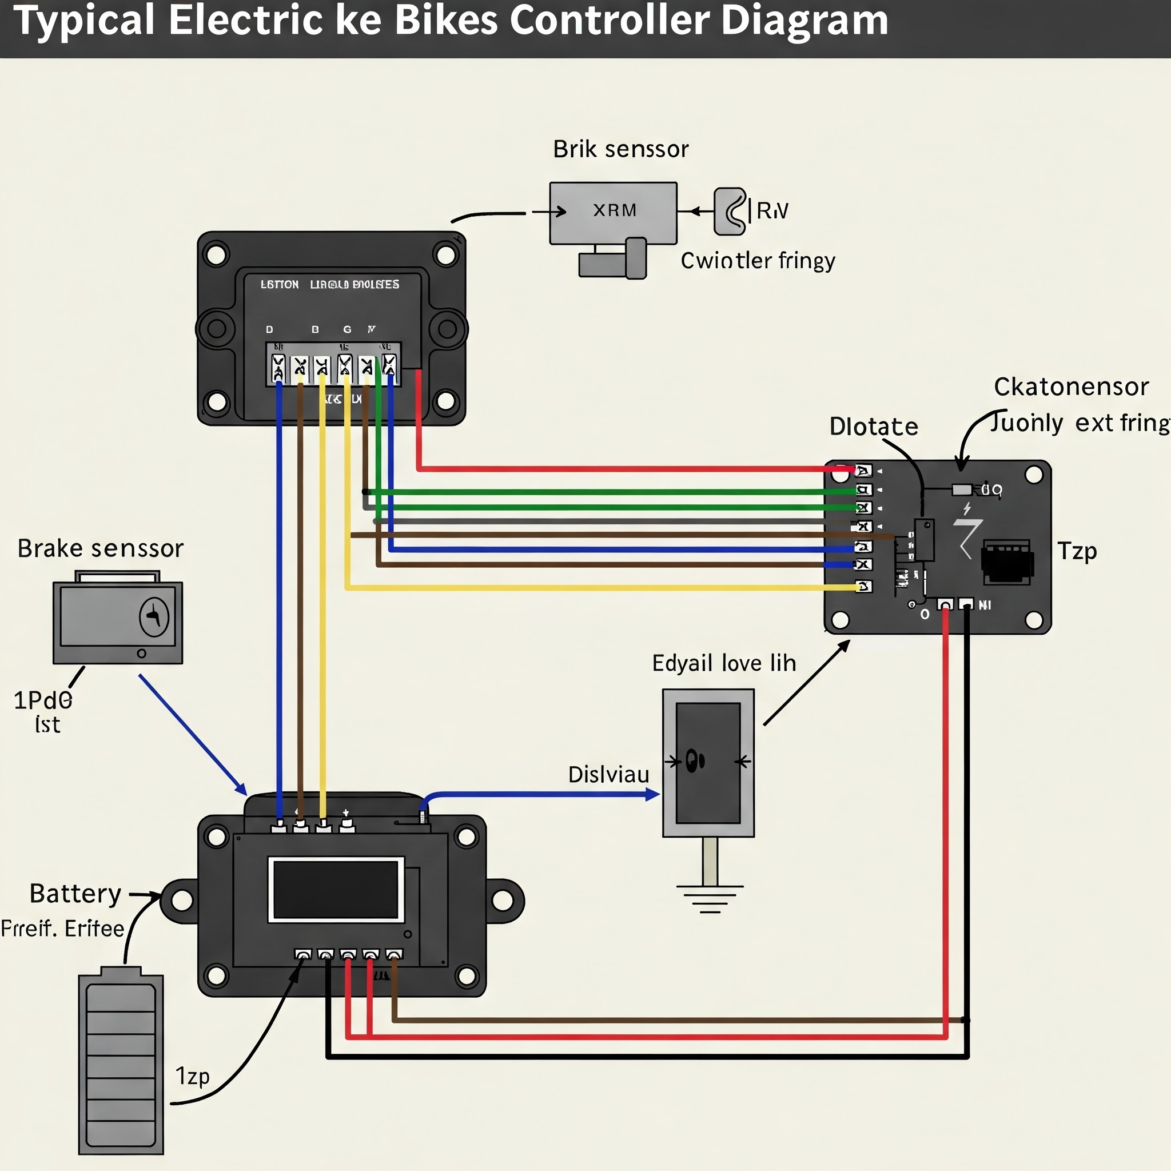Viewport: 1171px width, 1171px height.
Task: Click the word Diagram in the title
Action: (x=804, y=21)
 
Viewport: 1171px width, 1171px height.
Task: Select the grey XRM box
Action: (x=613, y=213)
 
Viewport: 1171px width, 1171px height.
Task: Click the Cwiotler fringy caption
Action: (x=758, y=261)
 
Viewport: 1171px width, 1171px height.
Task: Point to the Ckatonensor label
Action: (x=1071, y=387)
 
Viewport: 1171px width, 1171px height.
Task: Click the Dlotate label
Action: (x=874, y=427)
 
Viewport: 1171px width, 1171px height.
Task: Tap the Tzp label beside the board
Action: (x=1077, y=551)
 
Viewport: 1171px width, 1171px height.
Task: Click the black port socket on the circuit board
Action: (x=1007, y=562)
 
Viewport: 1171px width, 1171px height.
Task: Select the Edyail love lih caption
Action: (x=724, y=663)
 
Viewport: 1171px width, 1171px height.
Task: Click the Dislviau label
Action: (x=608, y=775)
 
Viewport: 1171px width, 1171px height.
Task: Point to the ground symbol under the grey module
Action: (x=710, y=899)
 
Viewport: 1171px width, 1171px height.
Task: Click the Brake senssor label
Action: (x=100, y=548)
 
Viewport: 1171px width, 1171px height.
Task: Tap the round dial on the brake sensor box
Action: (x=154, y=617)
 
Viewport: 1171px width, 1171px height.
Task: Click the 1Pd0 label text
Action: (x=42, y=700)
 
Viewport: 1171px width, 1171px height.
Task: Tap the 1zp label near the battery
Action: (x=192, y=1076)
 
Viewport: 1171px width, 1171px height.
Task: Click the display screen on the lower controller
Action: (x=336, y=890)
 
